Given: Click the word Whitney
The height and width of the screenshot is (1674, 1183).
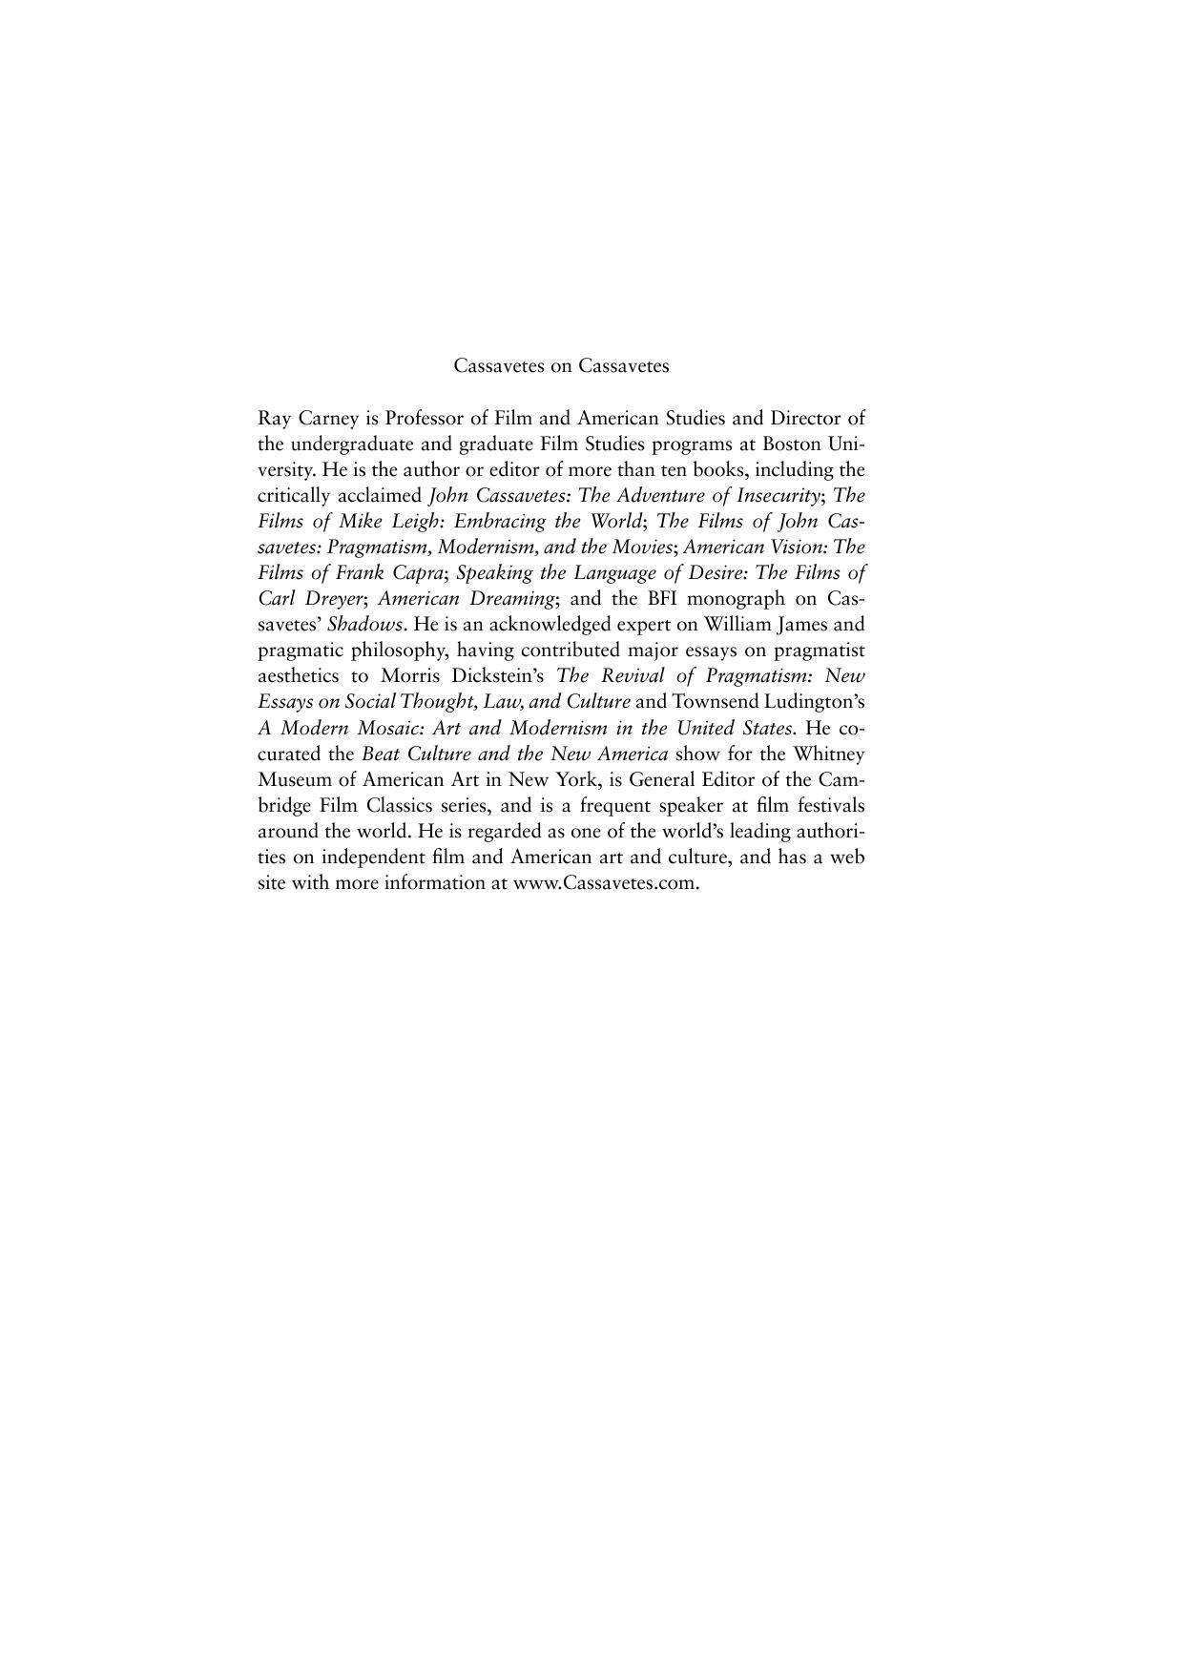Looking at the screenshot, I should click(831, 754).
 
